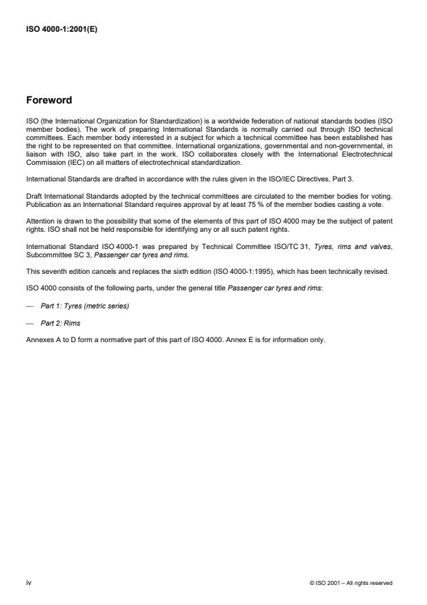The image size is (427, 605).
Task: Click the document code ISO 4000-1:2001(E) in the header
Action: [x=61, y=29]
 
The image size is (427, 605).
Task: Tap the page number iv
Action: [x=28, y=582]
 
